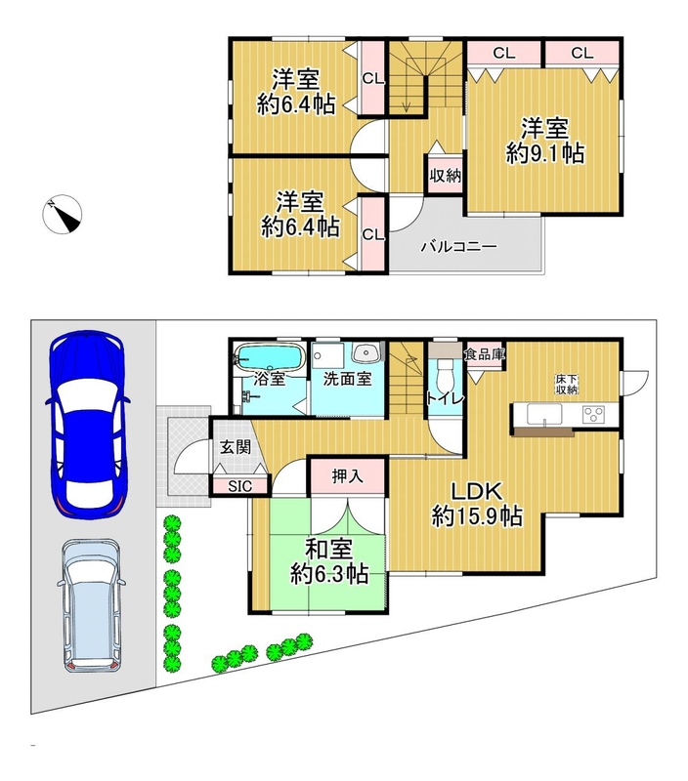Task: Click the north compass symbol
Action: point(62,214)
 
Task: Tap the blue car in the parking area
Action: point(88,425)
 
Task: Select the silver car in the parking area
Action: point(92,605)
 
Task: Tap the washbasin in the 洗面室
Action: point(366,353)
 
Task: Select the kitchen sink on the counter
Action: point(544,414)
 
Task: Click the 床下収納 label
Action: point(567,384)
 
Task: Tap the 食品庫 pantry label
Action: point(485,354)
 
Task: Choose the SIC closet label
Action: point(240,486)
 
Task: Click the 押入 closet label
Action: point(348,476)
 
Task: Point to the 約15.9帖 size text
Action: point(477,515)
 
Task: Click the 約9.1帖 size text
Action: point(545,153)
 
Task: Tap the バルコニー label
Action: point(458,247)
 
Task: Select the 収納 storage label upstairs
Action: point(446,176)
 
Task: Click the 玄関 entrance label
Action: point(236,447)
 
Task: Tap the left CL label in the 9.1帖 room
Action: point(503,53)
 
